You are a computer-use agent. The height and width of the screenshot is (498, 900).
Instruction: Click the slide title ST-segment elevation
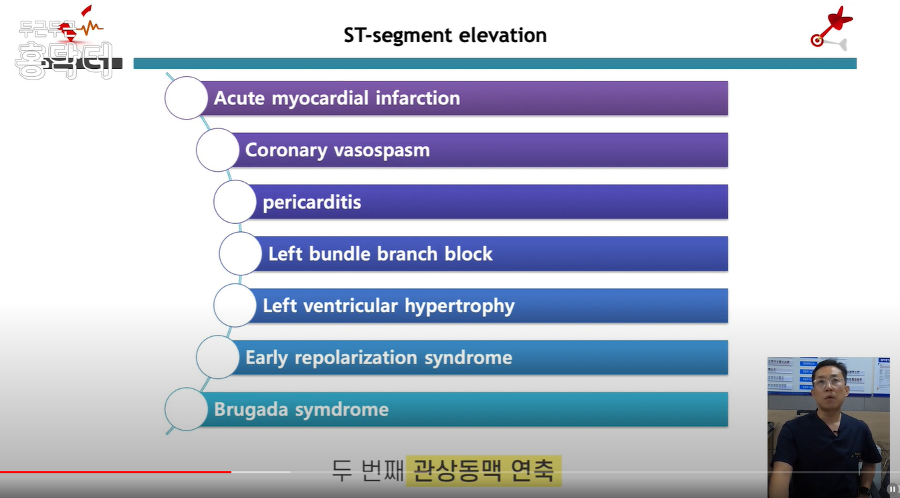click(x=445, y=35)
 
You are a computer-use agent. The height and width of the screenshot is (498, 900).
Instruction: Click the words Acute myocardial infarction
click(x=336, y=98)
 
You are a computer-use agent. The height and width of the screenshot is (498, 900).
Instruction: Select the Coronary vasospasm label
click(x=337, y=150)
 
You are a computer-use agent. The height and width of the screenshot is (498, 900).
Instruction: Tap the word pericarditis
click(x=312, y=202)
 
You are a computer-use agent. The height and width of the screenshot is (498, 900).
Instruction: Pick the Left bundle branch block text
click(x=380, y=254)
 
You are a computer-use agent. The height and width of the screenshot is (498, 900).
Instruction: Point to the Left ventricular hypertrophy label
click(x=388, y=306)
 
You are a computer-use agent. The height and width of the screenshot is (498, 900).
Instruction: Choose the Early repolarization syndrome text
click(x=378, y=358)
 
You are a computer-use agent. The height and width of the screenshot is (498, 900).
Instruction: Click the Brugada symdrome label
click(x=301, y=409)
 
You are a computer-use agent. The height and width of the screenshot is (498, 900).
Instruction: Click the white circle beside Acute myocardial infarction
click(x=187, y=98)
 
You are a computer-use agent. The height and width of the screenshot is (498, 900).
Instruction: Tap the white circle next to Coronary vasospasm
click(x=217, y=150)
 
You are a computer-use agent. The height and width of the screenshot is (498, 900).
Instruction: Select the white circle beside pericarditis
click(x=235, y=202)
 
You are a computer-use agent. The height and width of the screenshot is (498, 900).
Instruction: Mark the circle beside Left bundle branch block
click(x=240, y=254)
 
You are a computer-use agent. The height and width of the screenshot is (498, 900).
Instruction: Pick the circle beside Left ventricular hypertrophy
click(x=235, y=305)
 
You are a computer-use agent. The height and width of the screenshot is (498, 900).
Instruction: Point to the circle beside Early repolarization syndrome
click(x=217, y=358)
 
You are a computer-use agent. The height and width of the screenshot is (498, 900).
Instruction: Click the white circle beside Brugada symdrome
click(x=186, y=409)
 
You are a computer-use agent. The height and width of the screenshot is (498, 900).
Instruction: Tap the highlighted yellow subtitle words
click(x=483, y=471)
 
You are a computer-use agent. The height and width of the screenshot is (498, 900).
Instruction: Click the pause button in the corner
click(x=892, y=489)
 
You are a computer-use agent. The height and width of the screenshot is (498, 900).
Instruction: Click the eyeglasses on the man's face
click(x=829, y=383)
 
